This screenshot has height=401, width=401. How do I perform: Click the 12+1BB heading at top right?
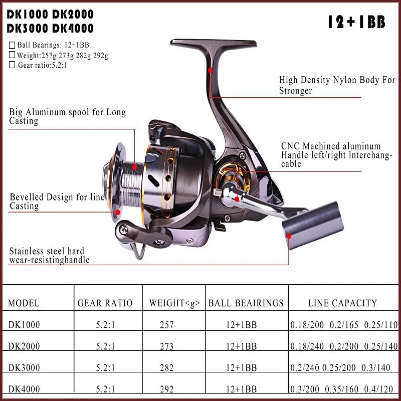click(356, 23)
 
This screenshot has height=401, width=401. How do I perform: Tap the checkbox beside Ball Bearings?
click(13, 45)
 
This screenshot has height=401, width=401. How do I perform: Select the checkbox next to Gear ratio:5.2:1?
click(13, 65)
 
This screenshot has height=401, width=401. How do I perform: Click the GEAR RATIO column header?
click(105, 303)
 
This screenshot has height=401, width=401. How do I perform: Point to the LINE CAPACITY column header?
click(342, 303)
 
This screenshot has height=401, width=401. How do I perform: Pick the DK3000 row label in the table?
click(24, 368)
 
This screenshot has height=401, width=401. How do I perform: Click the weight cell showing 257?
click(166, 325)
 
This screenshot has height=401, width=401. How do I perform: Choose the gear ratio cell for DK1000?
click(105, 325)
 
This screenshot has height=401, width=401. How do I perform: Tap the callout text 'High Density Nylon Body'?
click(337, 80)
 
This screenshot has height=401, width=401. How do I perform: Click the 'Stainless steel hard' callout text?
click(47, 251)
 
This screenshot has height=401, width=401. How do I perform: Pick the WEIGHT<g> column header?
click(174, 303)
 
